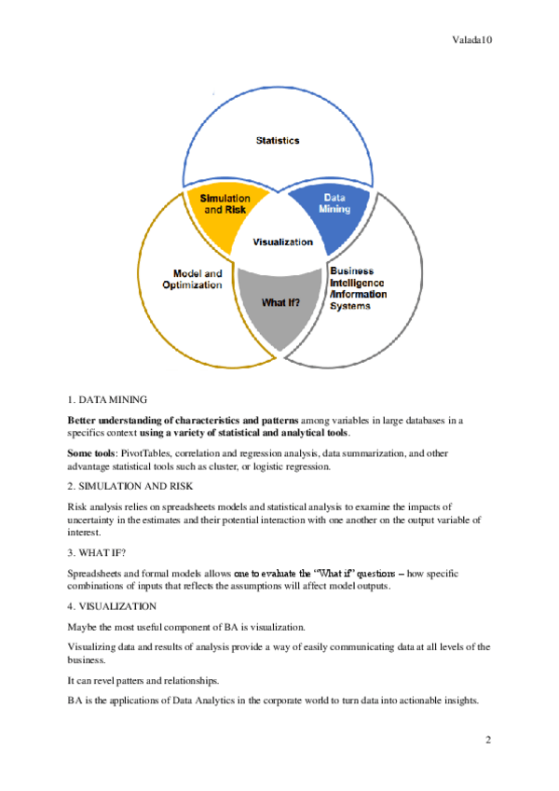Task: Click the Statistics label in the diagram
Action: pyautogui.click(x=278, y=141)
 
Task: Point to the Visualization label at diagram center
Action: pyautogui.click(x=283, y=242)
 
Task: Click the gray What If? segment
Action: pyautogui.click(x=280, y=302)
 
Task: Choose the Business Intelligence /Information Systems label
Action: pyautogui.click(x=359, y=287)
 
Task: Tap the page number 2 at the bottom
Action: pyautogui.click(x=487, y=740)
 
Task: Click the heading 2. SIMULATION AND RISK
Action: pyautogui.click(x=131, y=487)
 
